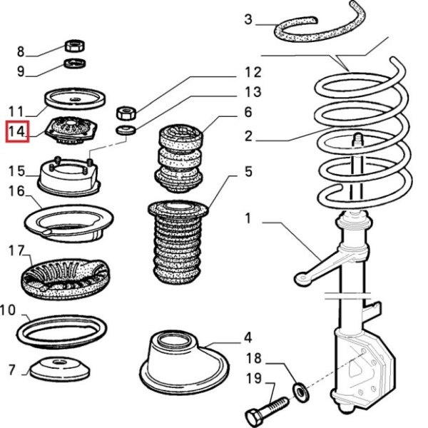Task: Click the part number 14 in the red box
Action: [x=17, y=132]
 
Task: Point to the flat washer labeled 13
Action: [x=126, y=131]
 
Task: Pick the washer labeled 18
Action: [x=300, y=389]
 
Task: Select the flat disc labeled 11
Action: [x=74, y=98]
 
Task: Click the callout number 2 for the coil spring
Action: [x=248, y=136]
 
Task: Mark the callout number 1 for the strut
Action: [x=248, y=218]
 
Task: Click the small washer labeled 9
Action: [x=72, y=66]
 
